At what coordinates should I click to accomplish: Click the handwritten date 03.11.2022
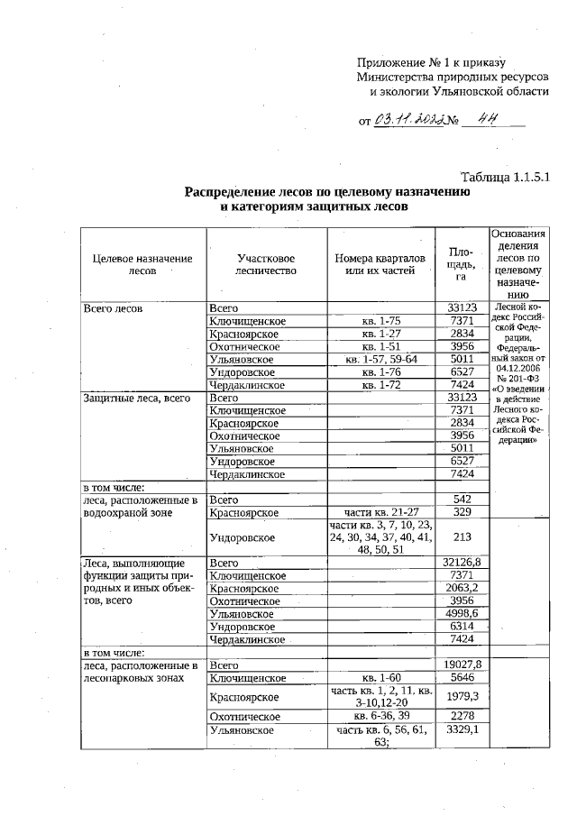coord(408,119)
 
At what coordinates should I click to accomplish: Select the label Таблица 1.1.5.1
coord(504,177)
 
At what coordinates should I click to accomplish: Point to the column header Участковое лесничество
coord(266,263)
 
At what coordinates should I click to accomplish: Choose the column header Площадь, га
coord(461,263)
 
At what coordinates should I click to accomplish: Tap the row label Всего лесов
coord(113,308)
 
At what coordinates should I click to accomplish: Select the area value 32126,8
coord(461,563)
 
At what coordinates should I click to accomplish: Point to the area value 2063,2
coord(461,588)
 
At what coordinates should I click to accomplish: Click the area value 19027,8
coord(461,665)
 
